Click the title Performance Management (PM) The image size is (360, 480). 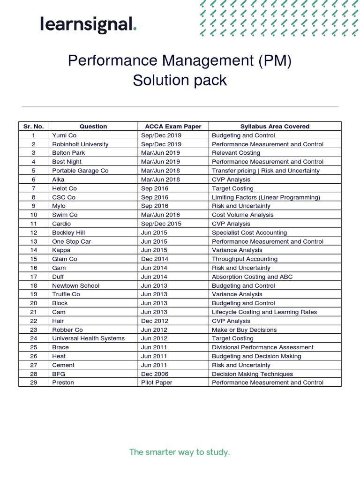point(180,60)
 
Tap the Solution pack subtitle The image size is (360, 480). point(180,80)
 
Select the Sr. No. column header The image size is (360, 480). point(34,126)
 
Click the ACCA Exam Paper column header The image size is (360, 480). point(173,126)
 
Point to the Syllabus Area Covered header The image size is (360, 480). point(275,126)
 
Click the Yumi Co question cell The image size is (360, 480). point(64,135)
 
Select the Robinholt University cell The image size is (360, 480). point(80,144)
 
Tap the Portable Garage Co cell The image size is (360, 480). point(80,171)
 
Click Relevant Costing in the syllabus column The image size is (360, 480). point(236,153)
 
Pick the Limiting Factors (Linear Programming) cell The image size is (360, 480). point(266,197)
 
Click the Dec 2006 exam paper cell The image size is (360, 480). point(155,374)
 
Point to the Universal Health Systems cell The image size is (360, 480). point(89,338)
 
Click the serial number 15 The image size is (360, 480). point(34,259)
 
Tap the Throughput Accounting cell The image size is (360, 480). point(245,259)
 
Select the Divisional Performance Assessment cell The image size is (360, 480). point(262,347)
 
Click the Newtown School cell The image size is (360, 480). point(76,285)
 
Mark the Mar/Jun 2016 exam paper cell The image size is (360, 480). point(160,215)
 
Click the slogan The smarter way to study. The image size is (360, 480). point(180,452)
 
